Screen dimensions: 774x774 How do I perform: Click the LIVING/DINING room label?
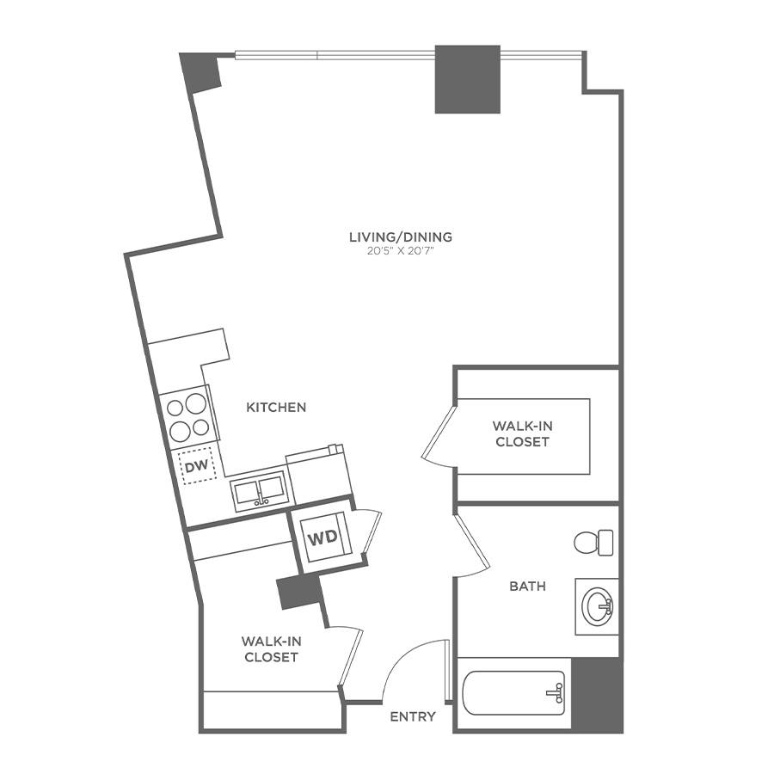pos(400,237)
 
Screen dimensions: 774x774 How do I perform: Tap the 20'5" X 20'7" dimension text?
pos(401,251)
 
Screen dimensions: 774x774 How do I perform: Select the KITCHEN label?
pos(276,408)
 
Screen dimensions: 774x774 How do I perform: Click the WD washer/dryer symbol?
pos(322,537)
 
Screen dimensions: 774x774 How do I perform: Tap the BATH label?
pos(528,587)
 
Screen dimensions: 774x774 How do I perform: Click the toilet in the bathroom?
pos(593,543)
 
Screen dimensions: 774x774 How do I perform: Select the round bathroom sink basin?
pos(598,606)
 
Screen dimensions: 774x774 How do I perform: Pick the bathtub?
pos(513,692)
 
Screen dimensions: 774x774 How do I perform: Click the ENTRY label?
pos(413,716)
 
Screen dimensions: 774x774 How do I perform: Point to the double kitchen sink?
pos(259,489)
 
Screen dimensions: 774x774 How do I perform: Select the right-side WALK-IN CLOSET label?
pos(522,433)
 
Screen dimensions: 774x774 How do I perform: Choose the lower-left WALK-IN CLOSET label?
pos(271,649)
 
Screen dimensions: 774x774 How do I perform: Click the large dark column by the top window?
pos(468,79)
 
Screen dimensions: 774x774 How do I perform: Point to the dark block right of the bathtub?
pos(598,695)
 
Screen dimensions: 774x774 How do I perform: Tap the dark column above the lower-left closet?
pos(299,592)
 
